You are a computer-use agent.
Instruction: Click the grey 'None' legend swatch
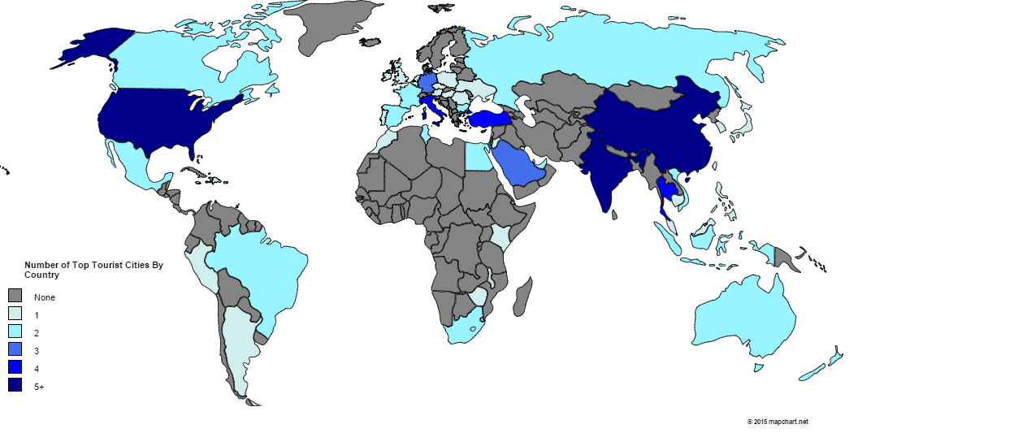point(15,296)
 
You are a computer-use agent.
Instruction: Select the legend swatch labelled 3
point(15,350)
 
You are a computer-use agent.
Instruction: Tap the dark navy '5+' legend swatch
point(15,387)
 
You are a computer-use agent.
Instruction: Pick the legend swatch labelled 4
point(15,368)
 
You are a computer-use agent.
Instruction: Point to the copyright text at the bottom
point(778,422)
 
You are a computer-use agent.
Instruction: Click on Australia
point(748,318)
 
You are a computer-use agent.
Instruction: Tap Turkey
point(487,119)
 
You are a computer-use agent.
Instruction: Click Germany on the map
point(426,84)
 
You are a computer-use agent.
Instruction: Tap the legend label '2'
point(37,333)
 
